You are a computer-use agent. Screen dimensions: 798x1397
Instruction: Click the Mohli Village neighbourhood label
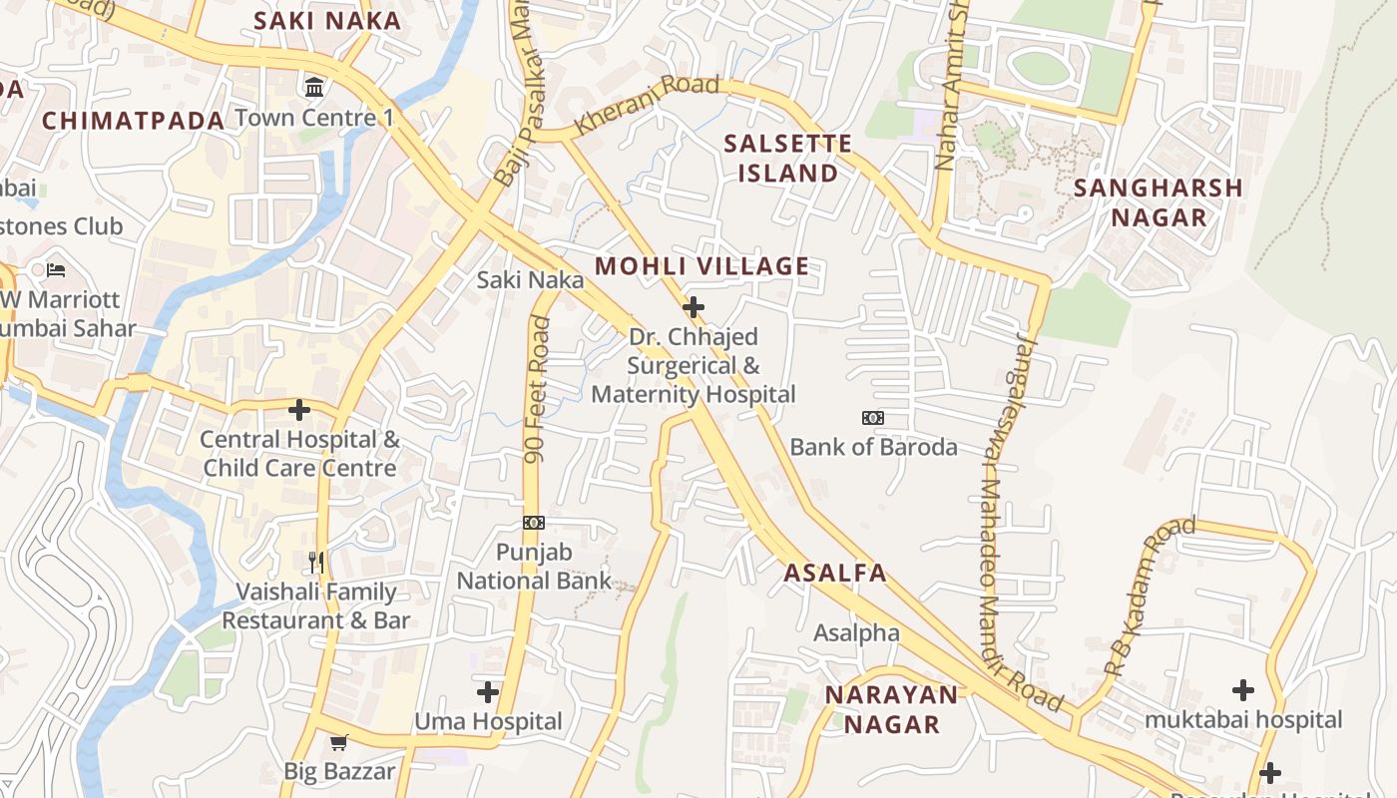click(x=701, y=266)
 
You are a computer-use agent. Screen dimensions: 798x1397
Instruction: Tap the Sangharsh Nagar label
click(x=1158, y=202)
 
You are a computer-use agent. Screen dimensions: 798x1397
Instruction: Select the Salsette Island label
click(x=787, y=159)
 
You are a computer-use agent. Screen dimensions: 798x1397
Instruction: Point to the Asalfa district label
click(x=834, y=573)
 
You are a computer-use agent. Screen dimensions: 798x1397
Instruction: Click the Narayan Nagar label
click(x=892, y=709)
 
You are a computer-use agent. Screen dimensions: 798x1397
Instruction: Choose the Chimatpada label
click(x=134, y=121)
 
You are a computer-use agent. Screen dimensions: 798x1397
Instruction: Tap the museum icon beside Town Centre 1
click(x=314, y=88)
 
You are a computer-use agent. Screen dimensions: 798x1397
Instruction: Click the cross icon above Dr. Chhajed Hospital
click(x=693, y=307)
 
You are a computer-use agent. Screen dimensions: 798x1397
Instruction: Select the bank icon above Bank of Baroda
click(x=873, y=418)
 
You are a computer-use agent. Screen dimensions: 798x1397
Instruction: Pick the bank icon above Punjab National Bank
click(x=534, y=523)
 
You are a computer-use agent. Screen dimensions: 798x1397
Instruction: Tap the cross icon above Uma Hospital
click(x=488, y=691)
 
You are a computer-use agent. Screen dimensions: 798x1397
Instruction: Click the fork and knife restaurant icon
click(x=316, y=563)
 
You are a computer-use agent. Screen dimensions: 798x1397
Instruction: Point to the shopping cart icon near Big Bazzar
click(x=339, y=742)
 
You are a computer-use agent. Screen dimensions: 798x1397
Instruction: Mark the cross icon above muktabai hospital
click(x=1242, y=689)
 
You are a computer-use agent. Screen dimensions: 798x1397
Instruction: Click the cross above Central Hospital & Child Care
click(x=299, y=409)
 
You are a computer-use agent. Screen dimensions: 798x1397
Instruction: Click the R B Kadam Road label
click(x=1149, y=598)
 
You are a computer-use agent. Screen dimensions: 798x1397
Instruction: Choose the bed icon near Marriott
click(x=56, y=270)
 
